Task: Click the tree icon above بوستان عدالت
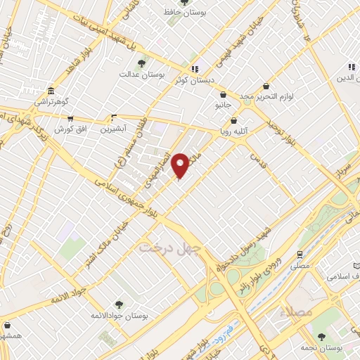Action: tap(142, 64)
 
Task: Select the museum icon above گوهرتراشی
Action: tap(51, 91)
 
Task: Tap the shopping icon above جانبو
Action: tap(223, 94)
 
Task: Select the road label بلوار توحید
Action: tap(279, 131)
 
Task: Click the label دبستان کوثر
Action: tap(193, 80)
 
